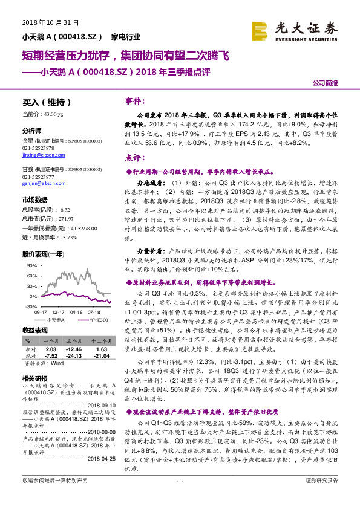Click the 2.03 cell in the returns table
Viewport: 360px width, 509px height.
[x=51, y=349]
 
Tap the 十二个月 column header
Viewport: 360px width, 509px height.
[x=101, y=341]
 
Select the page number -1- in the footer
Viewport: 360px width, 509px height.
[x=179, y=497]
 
